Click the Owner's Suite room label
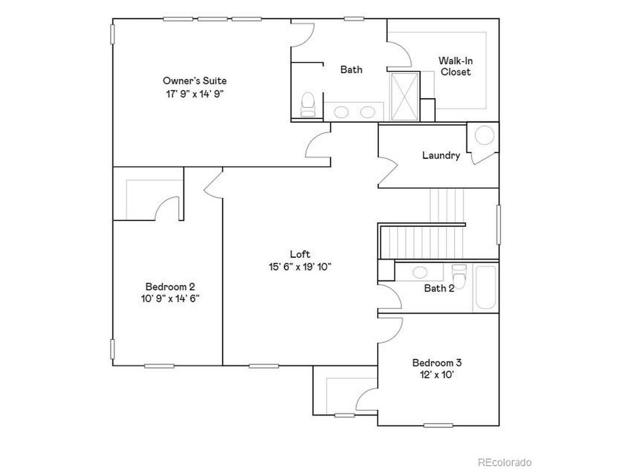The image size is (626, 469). coord(195,81)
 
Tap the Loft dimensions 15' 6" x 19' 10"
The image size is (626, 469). coord(300,267)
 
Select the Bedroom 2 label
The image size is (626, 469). coord(170,287)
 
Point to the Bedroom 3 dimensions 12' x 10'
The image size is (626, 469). coord(437,375)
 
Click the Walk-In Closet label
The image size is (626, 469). coord(455,66)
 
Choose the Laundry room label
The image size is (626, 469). coord(441,155)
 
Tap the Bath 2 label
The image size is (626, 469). coord(439,288)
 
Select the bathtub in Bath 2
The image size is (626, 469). coord(485,287)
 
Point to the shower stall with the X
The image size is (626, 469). coord(404,96)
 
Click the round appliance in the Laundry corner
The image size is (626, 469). coord(485,135)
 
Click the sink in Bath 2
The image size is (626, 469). coord(419,272)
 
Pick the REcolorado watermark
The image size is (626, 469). coord(504,462)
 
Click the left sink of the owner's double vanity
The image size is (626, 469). coord(341,112)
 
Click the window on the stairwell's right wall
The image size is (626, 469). coord(498,224)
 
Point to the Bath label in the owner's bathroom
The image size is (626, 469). coord(351,70)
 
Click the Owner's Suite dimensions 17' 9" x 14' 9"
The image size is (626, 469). coord(195,94)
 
